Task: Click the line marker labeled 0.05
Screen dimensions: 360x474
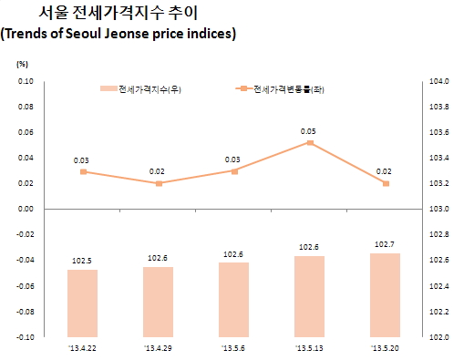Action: (311, 143)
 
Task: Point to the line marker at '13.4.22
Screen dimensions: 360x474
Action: (83, 171)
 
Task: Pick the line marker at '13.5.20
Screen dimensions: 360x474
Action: (386, 183)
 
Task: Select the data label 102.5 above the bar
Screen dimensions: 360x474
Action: (83, 260)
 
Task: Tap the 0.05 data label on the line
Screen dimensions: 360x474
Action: (311, 130)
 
